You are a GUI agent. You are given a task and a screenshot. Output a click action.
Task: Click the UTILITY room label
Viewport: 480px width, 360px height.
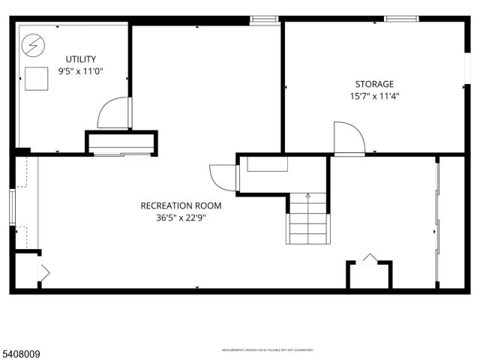click(80, 59)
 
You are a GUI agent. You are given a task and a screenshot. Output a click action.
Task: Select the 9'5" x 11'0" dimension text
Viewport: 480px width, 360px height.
click(80, 72)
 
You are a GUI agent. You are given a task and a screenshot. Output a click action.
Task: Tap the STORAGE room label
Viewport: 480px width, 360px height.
click(374, 84)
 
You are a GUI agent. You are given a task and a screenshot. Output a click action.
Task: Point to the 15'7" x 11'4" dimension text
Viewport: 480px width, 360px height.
click(374, 96)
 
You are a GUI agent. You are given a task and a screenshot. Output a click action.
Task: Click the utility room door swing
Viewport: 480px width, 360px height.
click(113, 114)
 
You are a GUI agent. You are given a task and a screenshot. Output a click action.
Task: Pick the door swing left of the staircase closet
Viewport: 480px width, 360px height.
click(223, 178)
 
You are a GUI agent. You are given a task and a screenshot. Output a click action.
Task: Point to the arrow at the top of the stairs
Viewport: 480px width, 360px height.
click(307, 195)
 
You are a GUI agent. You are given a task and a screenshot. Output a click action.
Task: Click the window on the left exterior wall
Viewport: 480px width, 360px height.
click(12, 206)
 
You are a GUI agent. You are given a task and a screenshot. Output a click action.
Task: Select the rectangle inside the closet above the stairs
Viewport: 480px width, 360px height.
click(268, 164)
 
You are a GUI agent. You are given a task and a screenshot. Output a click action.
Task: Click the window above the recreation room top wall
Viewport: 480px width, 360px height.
click(263, 18)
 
